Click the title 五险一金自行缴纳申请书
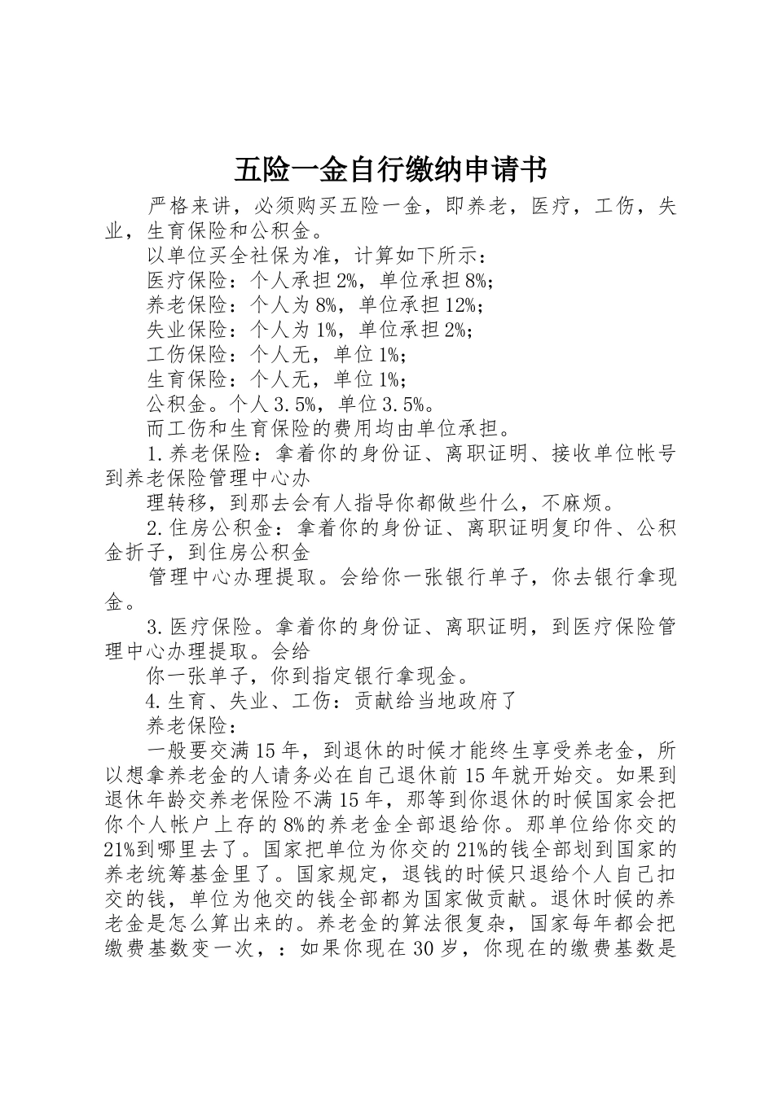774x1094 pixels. pos(390,170)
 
